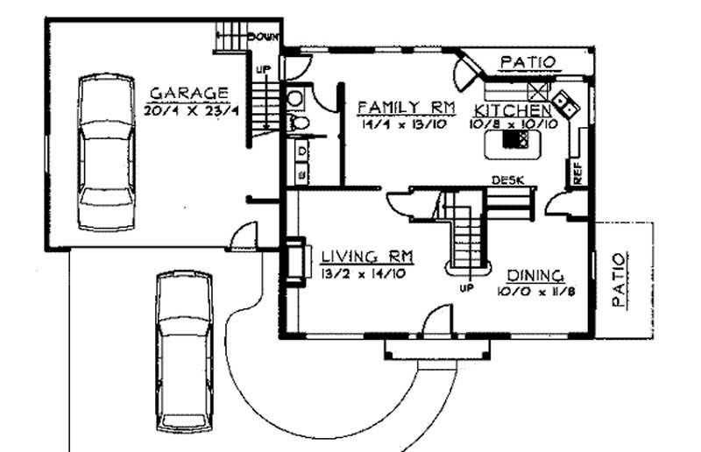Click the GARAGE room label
188,92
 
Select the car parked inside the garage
106,151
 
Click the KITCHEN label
513,110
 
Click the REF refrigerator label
577,173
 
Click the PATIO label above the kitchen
528,61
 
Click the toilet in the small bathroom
297,123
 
